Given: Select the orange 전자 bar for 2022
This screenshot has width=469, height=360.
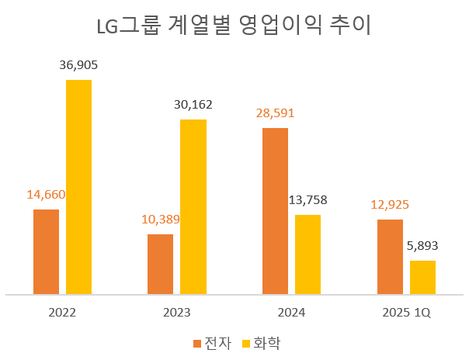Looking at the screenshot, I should click(x=47, y=251).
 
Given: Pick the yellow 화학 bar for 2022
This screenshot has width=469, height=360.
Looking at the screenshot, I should click(x=78, y=187).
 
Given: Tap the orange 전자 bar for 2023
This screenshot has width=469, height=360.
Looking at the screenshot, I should click(x=161, y=264).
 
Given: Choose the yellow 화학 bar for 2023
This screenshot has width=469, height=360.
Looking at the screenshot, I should click(x=193, y=206).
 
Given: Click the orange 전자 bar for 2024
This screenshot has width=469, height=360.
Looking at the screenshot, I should click(x=275, y=211).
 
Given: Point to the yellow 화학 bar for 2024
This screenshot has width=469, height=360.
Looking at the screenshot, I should click(x=307, y=254).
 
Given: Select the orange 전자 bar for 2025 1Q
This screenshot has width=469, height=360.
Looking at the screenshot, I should click(x=390, y=257).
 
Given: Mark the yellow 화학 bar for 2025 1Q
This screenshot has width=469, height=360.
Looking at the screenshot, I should click(x=422, y=277).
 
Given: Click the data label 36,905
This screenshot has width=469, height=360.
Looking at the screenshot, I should click(x=78, y=66).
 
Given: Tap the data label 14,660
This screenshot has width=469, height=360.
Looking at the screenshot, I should click(x=47, y=195).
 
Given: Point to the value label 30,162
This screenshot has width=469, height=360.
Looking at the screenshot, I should click(x=193, y=105).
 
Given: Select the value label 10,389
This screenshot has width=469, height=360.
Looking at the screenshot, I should click(x=161, y=220).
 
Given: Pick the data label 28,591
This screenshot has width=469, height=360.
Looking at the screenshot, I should click(x=275, y=113).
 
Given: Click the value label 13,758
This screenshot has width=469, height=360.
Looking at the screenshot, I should click(x=307, y=200).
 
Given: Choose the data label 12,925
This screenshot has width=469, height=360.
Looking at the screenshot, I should click(x=390, y=205).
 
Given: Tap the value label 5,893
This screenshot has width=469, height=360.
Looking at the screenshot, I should click(x=422, y=246).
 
